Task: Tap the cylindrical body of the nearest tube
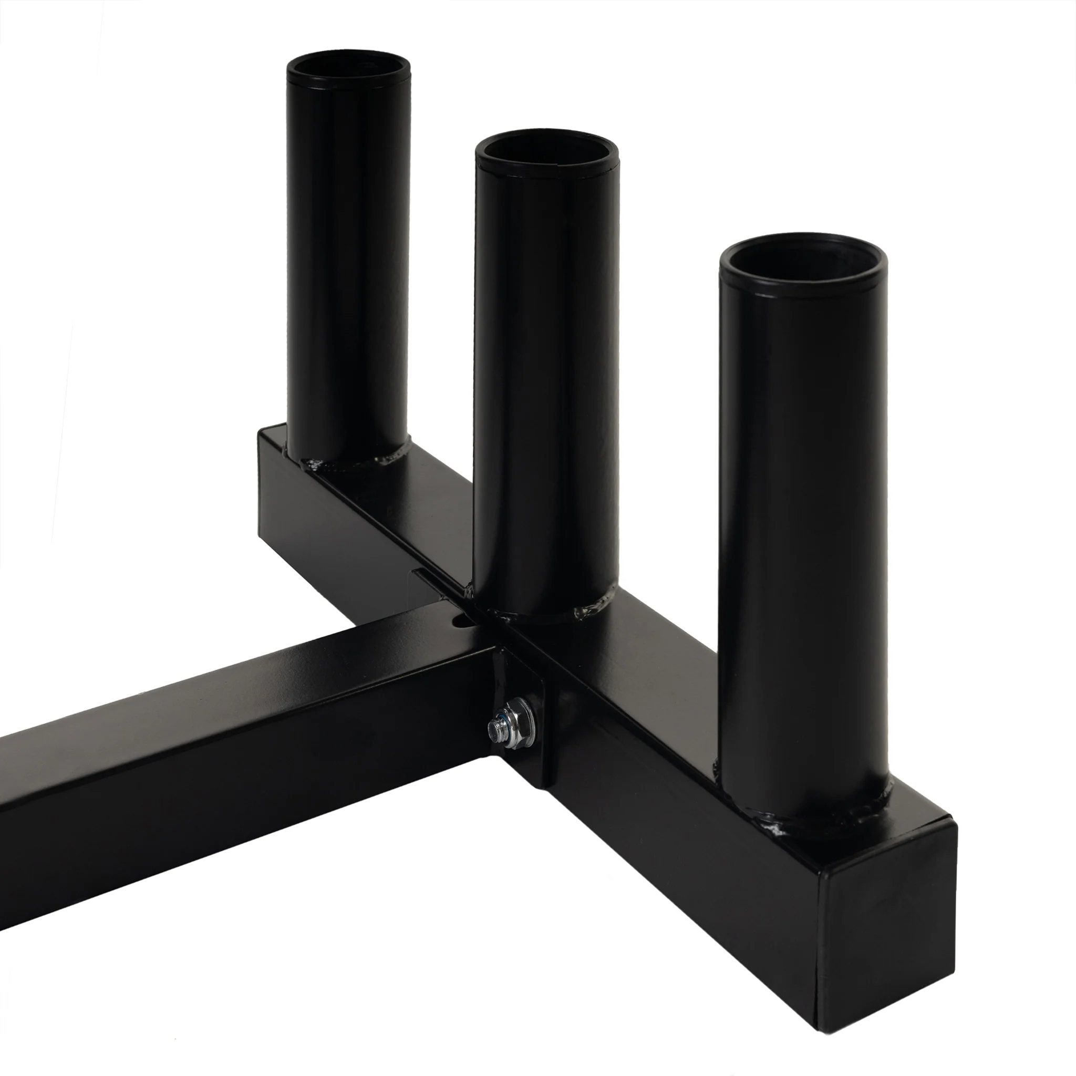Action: (802, 529)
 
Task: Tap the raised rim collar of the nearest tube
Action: (802, 284)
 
